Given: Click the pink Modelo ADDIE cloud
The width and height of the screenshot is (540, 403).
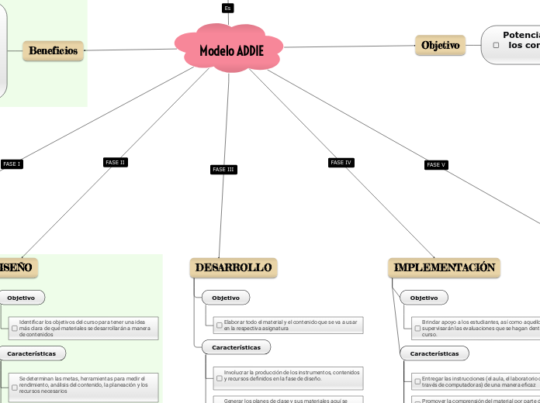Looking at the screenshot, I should click(x=230, y=50).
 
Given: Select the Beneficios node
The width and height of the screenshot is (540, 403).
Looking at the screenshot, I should click(x=53, y=50).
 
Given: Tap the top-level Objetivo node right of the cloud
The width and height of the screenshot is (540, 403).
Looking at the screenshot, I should click(x=440, y=46).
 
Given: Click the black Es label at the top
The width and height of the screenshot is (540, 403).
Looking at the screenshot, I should click(x=227, y=8).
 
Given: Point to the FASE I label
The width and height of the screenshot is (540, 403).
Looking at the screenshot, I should click(x=12, y=164).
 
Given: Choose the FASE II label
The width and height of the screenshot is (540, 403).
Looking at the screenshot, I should click(x=115, y=162).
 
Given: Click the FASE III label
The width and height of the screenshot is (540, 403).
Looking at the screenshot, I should click(x=223, y=169).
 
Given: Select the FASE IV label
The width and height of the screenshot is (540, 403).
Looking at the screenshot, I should click(x=341, y=162).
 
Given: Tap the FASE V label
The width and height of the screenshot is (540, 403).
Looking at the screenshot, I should click(x=436, y=164).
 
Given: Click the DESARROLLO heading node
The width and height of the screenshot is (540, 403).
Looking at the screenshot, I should click(x=234, y=267).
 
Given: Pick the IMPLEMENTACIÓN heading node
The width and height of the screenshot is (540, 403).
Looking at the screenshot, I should click(x=444, y=267).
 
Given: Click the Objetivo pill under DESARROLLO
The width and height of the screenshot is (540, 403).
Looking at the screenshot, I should click(x=226, y=298).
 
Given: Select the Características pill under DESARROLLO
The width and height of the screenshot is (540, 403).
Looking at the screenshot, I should click(x=236, y=347).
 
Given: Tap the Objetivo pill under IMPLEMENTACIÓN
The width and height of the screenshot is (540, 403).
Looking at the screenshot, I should click(x=424, y=298).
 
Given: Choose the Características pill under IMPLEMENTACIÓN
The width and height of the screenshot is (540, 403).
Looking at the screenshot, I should click(x=434, y=353).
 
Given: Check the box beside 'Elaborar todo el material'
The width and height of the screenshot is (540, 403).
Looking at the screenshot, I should click(x=220, y=325).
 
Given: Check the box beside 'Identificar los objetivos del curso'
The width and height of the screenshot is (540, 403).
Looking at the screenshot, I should click(x=15, y=329).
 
